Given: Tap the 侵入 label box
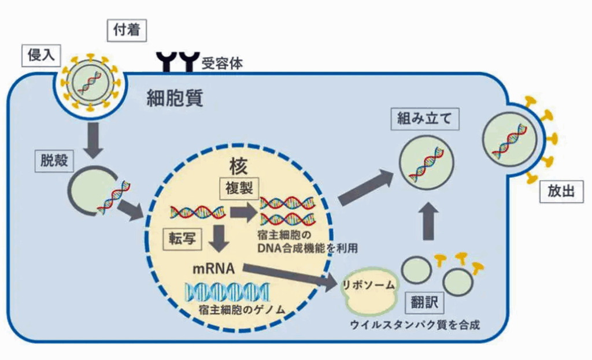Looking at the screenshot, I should tap(41, 56).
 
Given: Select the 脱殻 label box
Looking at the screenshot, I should tap(54, 161).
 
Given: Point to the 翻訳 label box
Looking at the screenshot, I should tap(424, 300).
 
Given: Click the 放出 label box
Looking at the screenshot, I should tap(561, 192).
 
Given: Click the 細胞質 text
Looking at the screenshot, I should tap(175, 97).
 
